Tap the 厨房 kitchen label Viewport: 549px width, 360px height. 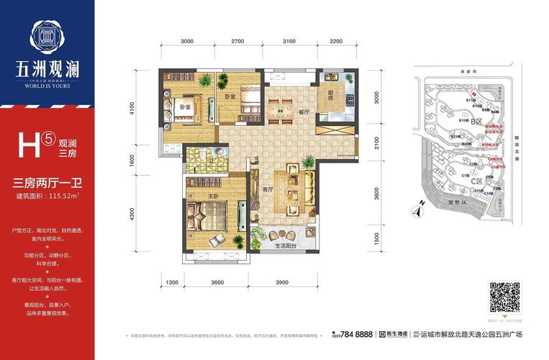coord(332,94)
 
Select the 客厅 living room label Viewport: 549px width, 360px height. coord(269,189)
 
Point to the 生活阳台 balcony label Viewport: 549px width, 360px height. coord(286,247)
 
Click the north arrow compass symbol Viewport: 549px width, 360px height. coord(415,210)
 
